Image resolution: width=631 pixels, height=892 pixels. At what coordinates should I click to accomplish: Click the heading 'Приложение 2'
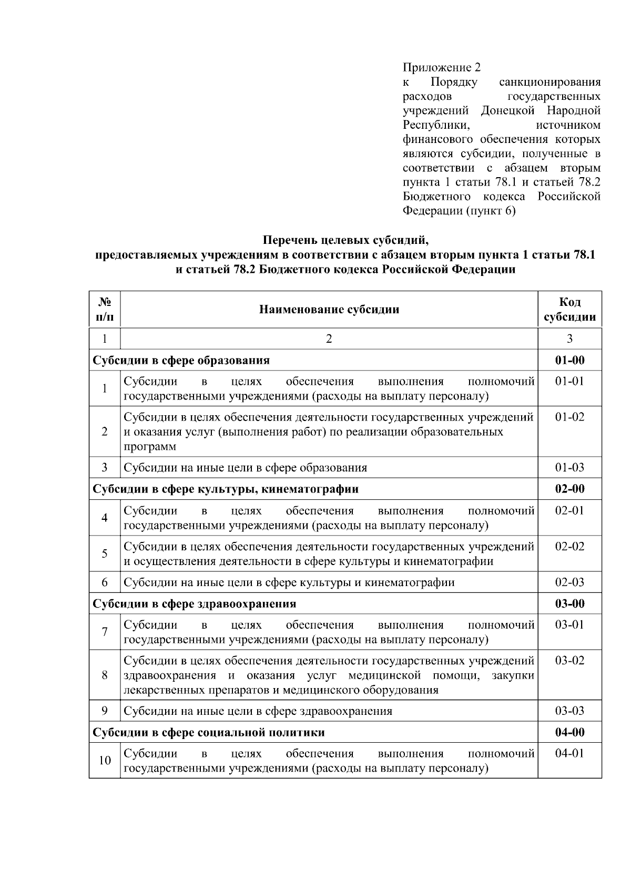[x=441, y=68]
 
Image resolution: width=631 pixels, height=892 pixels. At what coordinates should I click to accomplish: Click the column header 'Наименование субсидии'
[x=329, y=309]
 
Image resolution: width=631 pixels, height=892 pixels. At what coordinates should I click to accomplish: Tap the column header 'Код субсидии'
[x=569, y=309]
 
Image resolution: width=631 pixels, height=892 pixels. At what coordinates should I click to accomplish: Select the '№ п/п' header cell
[x=105, y=309]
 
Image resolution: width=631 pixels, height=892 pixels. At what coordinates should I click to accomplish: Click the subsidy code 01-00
[x=569, y=360]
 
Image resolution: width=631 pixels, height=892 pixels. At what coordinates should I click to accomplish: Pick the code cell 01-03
[x=569, y=467]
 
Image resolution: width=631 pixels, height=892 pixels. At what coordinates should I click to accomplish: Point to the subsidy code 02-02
[x=569, y=546]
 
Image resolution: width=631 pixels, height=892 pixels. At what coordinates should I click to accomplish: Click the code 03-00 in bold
[x=569, y=603]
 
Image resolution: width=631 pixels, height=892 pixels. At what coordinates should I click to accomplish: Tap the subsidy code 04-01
[x=569, y=753]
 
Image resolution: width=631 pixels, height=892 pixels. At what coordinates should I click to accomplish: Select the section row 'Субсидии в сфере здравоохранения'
[x=195, y=603]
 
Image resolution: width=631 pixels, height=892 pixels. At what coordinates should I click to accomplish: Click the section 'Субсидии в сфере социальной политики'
[x=209, y=732]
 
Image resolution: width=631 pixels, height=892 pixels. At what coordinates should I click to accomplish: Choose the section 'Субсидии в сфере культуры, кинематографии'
[x=226, y=489]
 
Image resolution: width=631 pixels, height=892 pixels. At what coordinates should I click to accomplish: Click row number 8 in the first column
[x=105, y=675]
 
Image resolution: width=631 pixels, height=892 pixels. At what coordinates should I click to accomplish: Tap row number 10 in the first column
[x=105, y=761]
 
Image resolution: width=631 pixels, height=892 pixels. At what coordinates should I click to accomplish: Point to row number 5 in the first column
[x=105, y=553]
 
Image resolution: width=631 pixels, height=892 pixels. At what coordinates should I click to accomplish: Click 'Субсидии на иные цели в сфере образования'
[x=245, y=467]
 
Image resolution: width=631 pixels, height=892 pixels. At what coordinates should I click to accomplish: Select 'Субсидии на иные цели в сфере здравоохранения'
[x=258, y=711]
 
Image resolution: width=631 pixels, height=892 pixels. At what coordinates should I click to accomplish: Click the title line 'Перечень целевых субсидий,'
[x=345, y=241]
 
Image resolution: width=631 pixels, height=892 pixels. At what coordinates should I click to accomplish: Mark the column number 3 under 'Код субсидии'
[x=569, y=339]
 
